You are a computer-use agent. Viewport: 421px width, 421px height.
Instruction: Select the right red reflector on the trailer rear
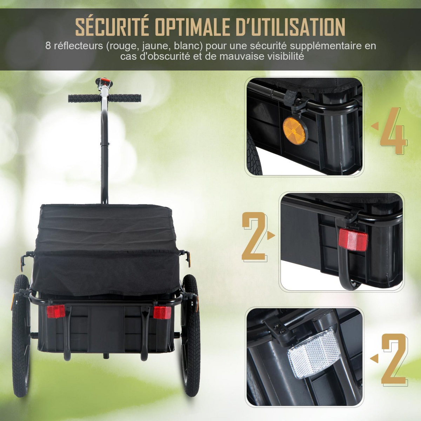pos(162,312)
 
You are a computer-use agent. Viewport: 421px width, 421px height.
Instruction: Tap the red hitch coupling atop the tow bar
pos(104,82)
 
